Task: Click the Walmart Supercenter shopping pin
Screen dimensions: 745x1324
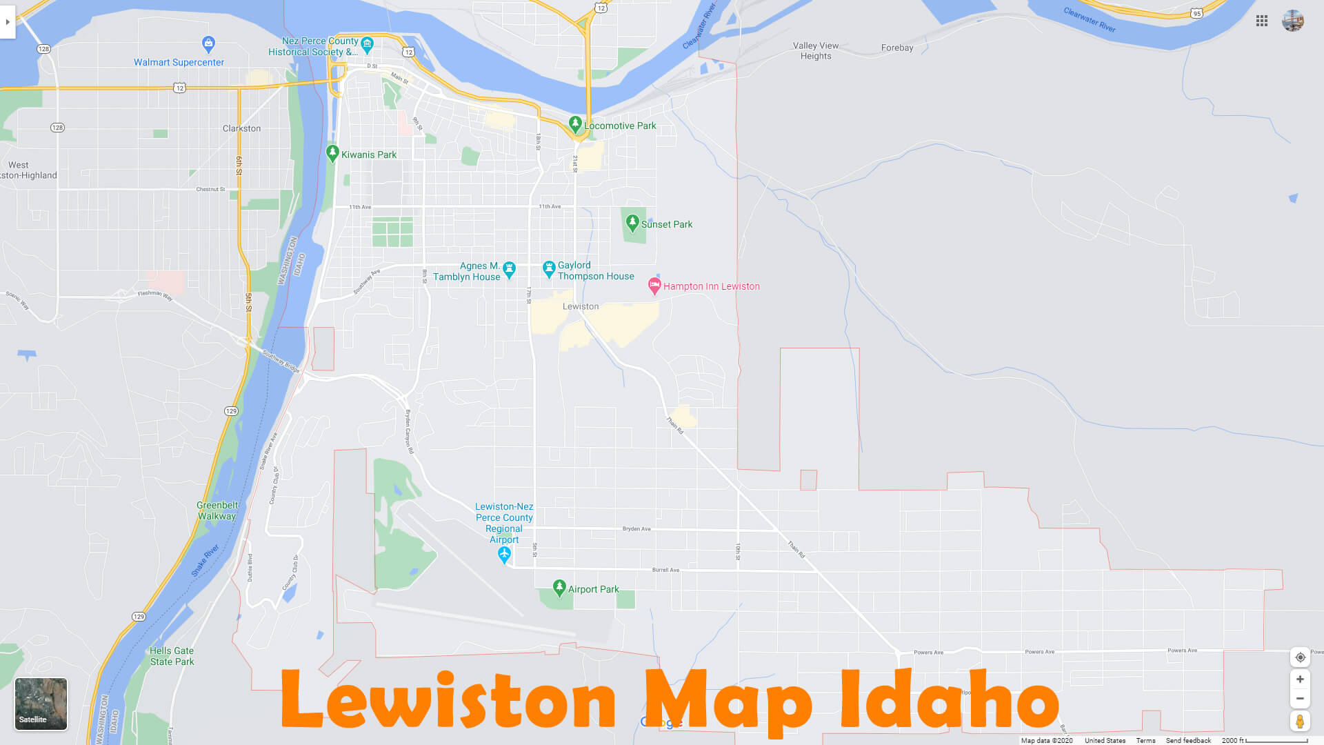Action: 208,44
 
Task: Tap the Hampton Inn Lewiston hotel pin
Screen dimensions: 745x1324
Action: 654,286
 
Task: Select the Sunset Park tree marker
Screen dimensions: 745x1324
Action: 632,222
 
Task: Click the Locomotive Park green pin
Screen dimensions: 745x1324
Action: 574,124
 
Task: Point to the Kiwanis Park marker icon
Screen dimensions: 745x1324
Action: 332,152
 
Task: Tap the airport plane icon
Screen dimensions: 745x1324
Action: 504,555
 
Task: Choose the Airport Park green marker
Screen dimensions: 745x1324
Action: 559,588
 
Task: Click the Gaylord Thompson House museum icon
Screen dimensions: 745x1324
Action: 549,268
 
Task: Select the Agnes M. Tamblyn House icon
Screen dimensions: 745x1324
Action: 509,269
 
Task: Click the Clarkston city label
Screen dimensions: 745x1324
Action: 241,128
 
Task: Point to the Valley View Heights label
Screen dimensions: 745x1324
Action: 816,51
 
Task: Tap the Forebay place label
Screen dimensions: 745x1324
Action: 896,48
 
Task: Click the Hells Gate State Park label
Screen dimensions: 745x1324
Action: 172,656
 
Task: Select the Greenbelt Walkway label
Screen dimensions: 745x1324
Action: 217,510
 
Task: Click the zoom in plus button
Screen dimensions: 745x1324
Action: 1300,679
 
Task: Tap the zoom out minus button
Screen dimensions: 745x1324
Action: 1300,698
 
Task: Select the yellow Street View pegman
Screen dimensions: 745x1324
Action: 1300,722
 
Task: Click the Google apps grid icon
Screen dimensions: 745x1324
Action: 1262,21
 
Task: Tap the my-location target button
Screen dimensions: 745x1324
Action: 1300,657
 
